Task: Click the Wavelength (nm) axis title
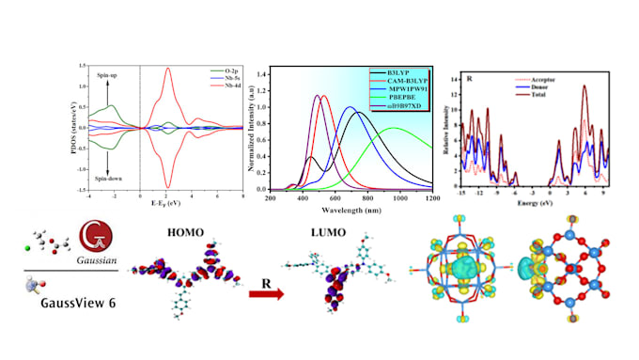(351, 211)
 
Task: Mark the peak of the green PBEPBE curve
(395, 129)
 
